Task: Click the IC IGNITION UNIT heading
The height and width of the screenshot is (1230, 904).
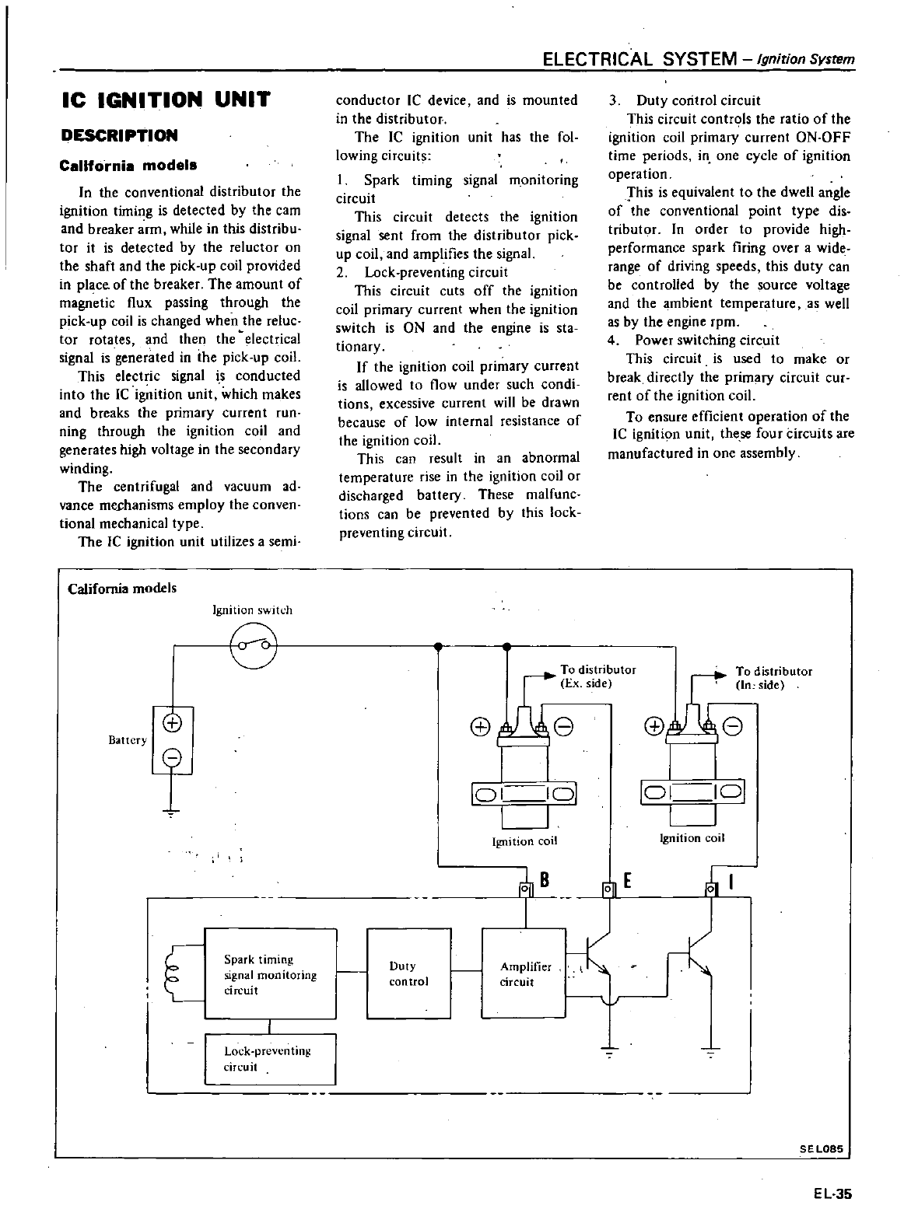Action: (x=165, y=101)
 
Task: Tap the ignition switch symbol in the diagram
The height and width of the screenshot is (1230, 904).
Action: (x=254, y=645)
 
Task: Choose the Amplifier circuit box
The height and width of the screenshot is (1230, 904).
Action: (x=524, y=973)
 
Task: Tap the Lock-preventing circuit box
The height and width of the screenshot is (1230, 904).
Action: (x=269, y=1059)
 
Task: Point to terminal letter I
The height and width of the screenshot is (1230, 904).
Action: (x=731, y=882)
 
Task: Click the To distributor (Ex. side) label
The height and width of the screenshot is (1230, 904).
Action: (x=597, y=676)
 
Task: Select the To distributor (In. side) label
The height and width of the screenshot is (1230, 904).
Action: (x=773, y=678)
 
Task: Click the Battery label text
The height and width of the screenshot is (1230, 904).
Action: (x=128, y=740)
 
